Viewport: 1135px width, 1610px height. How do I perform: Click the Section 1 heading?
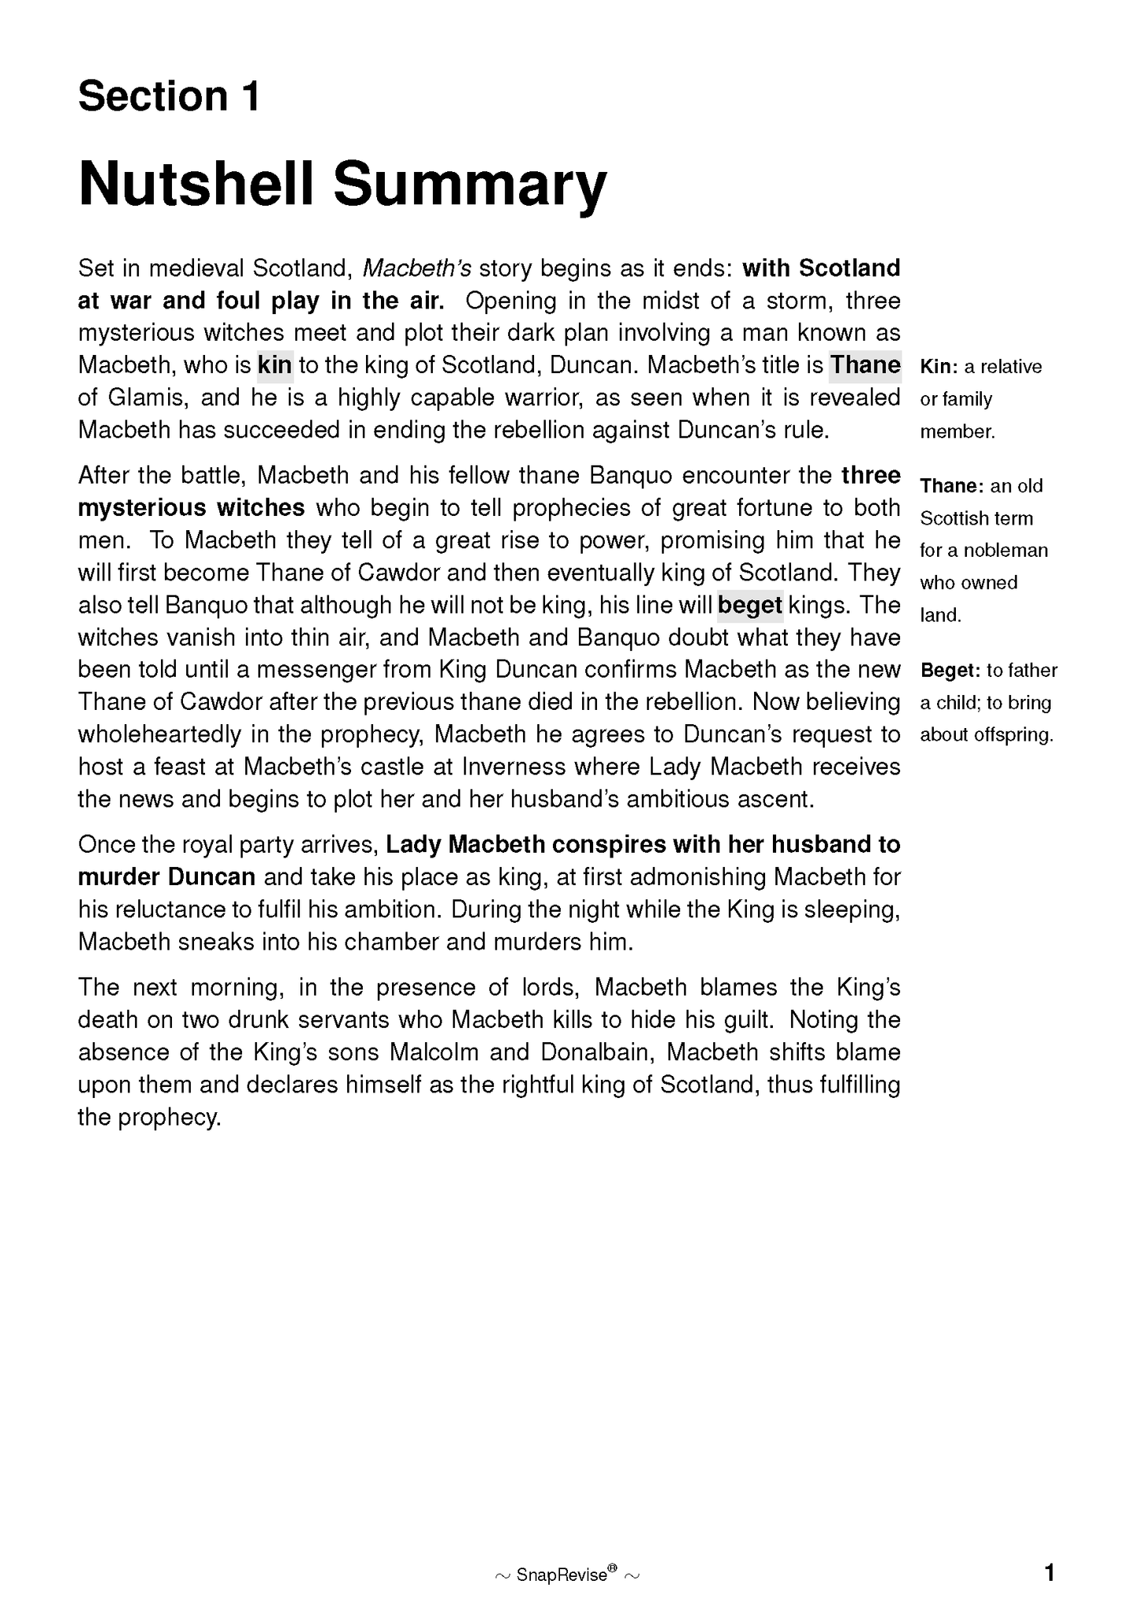169,97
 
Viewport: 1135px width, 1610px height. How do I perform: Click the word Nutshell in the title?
197,184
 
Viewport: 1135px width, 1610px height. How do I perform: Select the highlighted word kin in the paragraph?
274,365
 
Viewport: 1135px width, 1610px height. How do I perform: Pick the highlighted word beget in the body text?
750,606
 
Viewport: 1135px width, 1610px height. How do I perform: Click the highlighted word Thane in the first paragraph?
866,365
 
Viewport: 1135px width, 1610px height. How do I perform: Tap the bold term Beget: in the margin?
950,671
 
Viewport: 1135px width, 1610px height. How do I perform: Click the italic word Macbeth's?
416,269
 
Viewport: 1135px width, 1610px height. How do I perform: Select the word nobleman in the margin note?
1006,551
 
